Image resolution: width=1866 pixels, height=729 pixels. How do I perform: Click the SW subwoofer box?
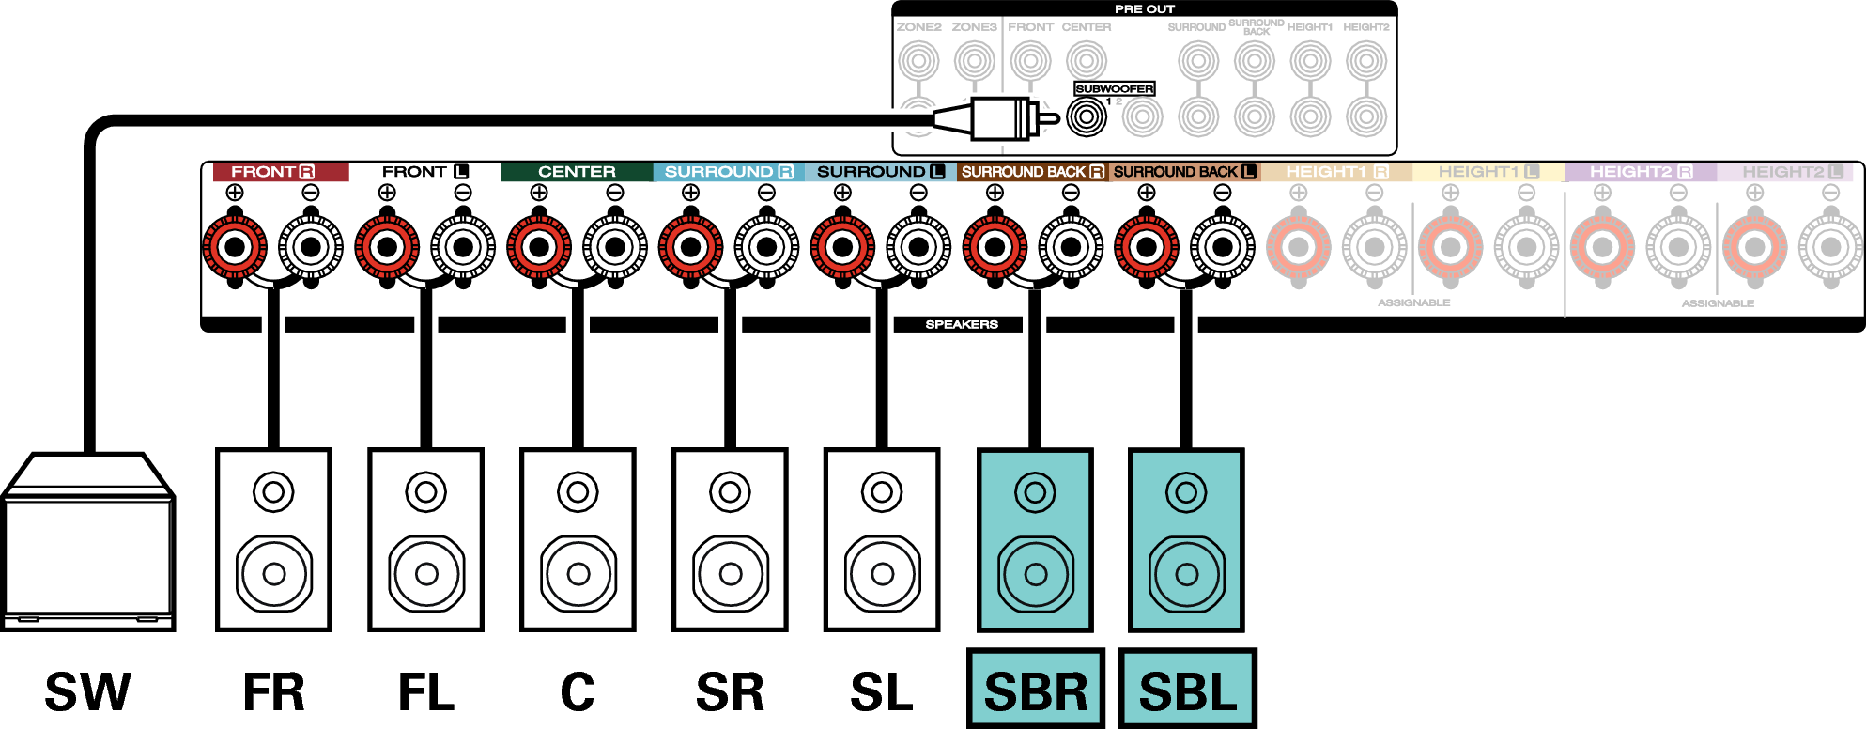(x=88, y=545)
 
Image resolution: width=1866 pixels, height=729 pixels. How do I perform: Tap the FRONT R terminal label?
(x=272, y=172)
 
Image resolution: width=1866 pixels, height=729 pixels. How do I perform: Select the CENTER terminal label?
(x=577, y=172)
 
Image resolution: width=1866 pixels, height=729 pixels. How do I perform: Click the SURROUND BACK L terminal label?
(x=1184, y=172)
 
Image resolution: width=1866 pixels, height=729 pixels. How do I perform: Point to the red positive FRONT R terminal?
(x=235, y=248)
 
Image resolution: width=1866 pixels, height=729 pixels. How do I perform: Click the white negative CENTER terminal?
(x=615, y=248)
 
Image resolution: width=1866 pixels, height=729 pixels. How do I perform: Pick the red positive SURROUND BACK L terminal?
(x=1146, y=248)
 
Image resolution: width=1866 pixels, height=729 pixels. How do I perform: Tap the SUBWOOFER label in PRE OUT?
(x=1114, y=89)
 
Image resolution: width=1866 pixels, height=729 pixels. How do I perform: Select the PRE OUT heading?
(x=1144, y=8)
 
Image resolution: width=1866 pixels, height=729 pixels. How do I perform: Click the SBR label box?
(x=1036, y=691)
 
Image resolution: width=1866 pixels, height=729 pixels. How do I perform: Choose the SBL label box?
(x=1188, y=691)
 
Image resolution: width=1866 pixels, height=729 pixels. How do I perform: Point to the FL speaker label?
(x=426, y=693)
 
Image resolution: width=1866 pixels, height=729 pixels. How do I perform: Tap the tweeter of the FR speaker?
(x=273, y=491)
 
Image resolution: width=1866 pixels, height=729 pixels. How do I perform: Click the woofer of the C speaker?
(x=578, y=573)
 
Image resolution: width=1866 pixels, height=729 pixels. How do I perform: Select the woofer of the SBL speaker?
(x=1187, y=573)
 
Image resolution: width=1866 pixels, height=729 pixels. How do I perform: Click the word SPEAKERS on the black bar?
(x=962, y=324)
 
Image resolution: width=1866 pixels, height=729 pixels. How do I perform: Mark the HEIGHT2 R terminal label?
(x=1640, y=172)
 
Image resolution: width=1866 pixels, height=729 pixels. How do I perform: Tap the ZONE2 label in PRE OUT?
(x=918, y=27)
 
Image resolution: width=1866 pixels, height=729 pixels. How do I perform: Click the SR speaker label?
(x=730, y=693)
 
